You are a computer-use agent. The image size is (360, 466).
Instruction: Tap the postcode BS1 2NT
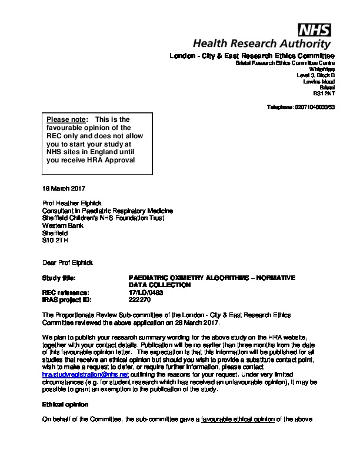[324, 94]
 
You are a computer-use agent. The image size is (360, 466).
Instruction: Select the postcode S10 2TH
[55, 239]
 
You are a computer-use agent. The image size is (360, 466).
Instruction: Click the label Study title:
[60, 278]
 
